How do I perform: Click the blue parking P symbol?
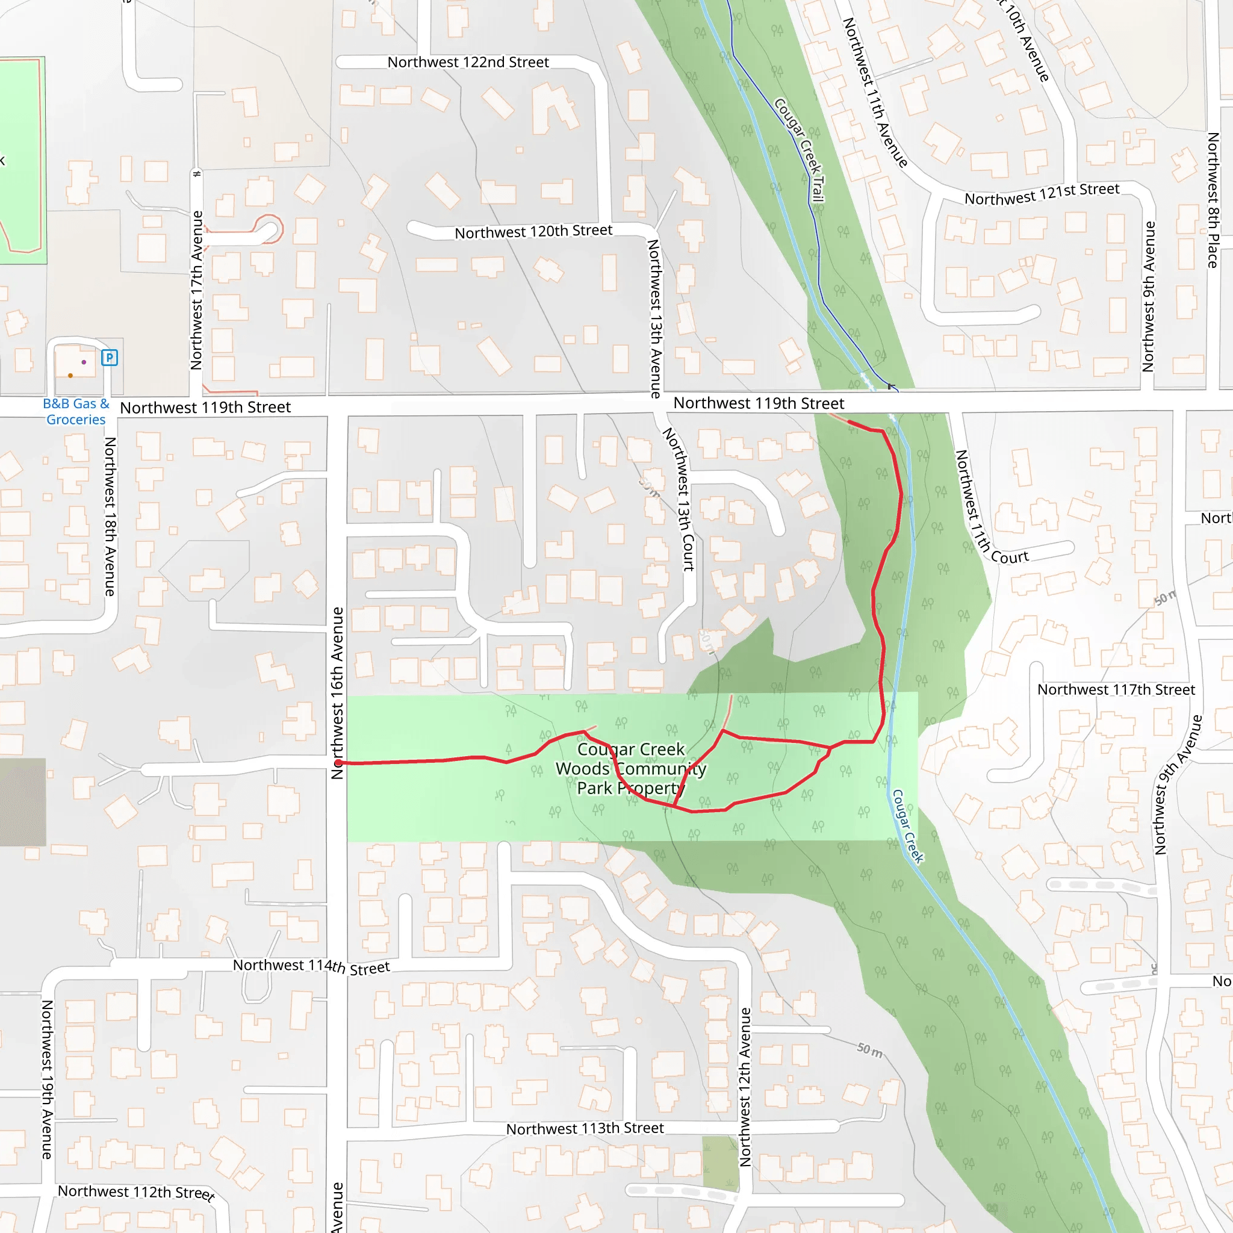pyautogui.click(x=109, y=358)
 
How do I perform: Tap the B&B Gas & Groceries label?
pyautogui.click(x=76, y=412)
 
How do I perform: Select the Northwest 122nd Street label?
pyautogui.click(x=468, y=63)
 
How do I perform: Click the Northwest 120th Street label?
pyautogui.click(x=533, y=232)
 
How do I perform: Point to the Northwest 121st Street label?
pyautogui.click(x=1042, y=194)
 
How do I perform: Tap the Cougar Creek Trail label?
pyautogui.click(x=800, y=150)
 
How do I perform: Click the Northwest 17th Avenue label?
pyautogui.click(x=196, y=290)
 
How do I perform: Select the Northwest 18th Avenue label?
pyautogui.click(x=110, y=517)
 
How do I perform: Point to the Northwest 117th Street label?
pyautogui.click(x=1116, y=690)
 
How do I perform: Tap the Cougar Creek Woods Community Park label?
pyautogui.click(x=630, y=768)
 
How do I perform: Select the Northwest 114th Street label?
pyautogui.click(x=311, y=966)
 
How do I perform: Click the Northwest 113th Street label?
pyautogui.click(x=585, y=1128)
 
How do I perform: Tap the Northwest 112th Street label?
pyautogui.click(x=137, y=1191)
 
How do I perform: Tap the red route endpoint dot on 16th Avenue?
pyautogui.click(x=338, y=763)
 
